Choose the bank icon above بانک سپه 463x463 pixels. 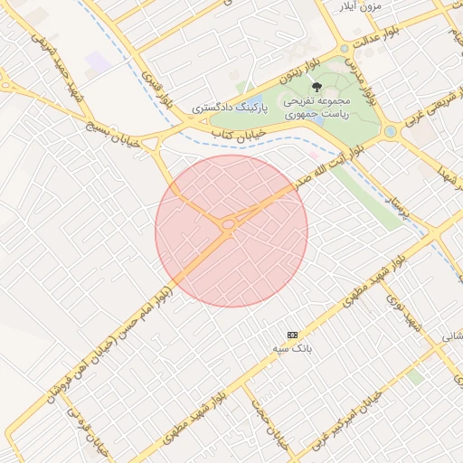(x=292, y=334)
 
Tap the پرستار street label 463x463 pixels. (x=399, y=203)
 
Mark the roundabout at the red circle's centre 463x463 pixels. (x=229, y=223)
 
